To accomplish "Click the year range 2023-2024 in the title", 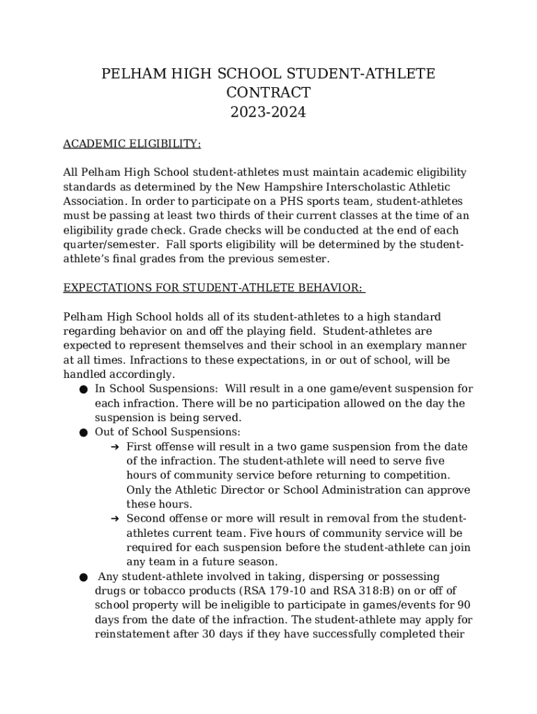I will point(268,112).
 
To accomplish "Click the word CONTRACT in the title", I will point(268,93).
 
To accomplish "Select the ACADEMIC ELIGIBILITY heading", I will point(132,144).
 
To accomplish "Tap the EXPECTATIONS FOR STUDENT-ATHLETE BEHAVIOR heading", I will point(214,288).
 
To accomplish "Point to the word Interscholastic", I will point(366,187).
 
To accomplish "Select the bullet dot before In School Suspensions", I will point(83,389).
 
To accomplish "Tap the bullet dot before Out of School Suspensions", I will point(83,432).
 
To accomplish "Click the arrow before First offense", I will point(115,447).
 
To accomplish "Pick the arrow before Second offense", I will point(115,519).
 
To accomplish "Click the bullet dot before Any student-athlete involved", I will point(83,577).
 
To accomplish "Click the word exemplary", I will point(391,346).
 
